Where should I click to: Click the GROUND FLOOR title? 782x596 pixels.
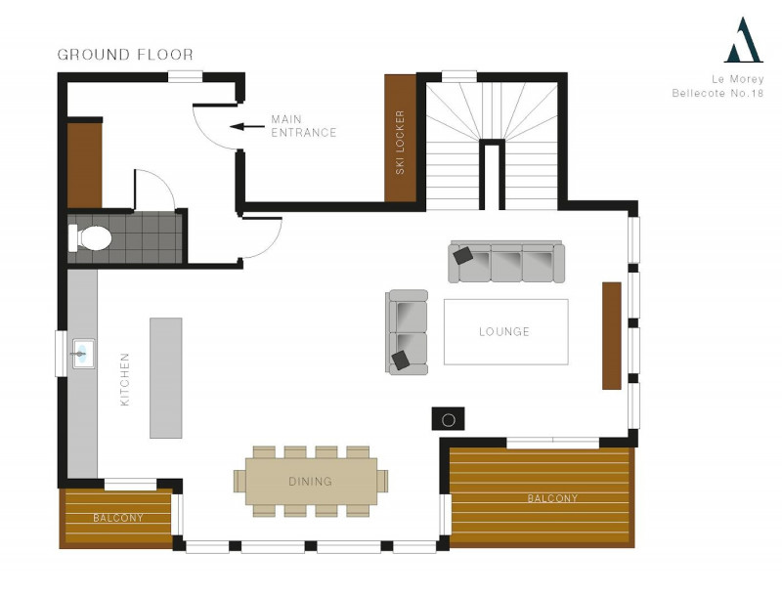125,55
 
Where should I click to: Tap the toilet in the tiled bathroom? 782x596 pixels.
90,237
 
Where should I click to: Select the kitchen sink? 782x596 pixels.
83,354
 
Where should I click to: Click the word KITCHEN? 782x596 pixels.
125,379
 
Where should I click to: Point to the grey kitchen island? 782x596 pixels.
166,378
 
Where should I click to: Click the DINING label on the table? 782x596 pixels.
310,482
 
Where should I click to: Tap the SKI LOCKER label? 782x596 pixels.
400,142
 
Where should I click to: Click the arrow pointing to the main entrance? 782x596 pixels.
247,127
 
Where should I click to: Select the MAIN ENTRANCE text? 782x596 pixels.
304,126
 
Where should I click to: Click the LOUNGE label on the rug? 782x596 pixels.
504,331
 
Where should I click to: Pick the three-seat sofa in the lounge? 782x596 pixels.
506,262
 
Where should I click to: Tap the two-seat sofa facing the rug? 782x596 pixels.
407,332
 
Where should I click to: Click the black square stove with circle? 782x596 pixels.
448,418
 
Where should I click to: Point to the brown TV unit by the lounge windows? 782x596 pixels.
612,335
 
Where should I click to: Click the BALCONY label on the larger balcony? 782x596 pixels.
552,498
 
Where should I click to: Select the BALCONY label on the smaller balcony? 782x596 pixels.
118,518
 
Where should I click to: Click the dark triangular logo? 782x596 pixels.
744,40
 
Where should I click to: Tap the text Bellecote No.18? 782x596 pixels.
717,93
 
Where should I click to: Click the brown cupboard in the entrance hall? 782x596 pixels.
84,165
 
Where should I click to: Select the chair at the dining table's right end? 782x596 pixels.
382,481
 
